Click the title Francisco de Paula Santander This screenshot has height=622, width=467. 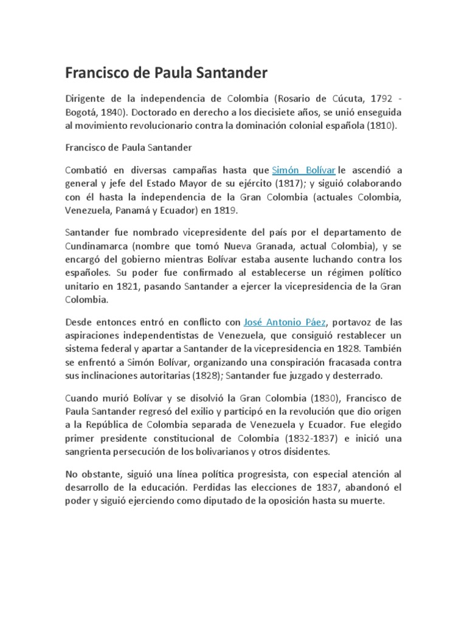pyautogui.click(x=166, y=73)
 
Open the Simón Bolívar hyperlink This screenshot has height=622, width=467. pyautogui.click(x=303, y=170)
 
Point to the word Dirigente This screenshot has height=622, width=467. pyautogui.click(x=88, y=98)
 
